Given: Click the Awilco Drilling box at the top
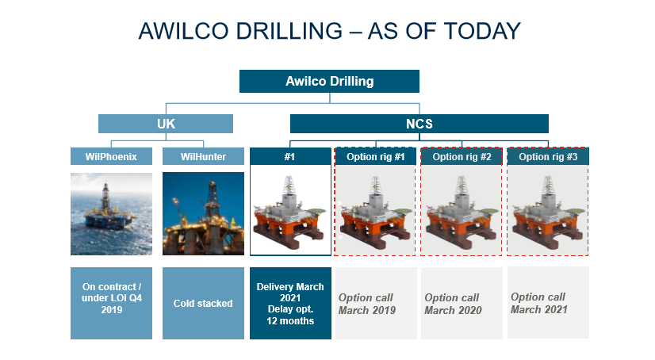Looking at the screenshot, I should coord(329,81).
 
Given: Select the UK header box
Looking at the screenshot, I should coord(166,124).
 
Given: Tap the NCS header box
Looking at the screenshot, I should coord(419,124).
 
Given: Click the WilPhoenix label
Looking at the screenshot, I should coord(111,156).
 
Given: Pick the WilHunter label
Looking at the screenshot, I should coord(203,156).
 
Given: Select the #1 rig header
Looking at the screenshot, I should coord(289,156).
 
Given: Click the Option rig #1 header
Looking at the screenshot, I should coord(376,156).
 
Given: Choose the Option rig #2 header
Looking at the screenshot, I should coord(462,156).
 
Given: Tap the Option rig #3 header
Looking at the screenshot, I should coord(548,156).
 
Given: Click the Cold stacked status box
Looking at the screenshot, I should coord(203,303).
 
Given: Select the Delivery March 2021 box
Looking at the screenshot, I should coord(289,303).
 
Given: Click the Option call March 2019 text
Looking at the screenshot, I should coord(366,304).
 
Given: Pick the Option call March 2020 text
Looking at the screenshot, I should coord(452,304).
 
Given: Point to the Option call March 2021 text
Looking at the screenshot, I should coord(538,303).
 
